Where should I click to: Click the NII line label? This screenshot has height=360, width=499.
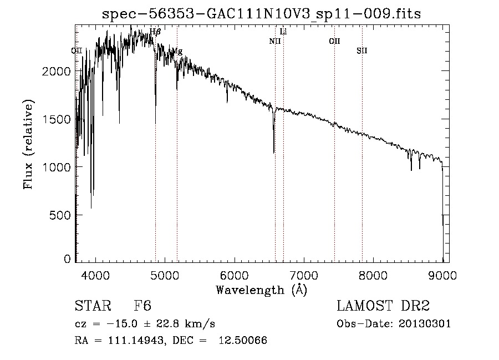coord(275,41)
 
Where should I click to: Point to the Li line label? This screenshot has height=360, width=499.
coord(283,32)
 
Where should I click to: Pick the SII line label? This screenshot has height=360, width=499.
coord(361,51)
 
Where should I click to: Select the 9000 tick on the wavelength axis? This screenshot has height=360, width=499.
coord(442,275)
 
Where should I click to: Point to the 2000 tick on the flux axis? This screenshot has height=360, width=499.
coord(58,72)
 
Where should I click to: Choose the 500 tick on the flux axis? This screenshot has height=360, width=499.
coord(61,215)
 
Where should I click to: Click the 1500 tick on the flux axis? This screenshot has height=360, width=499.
coord(58,119)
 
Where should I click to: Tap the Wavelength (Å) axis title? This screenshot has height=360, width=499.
coord(261,290)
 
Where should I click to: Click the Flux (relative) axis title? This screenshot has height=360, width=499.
coord(28,144)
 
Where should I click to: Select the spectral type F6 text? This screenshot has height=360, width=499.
coord(142,307)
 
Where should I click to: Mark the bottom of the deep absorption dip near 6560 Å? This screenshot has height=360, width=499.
coord(273,152)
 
